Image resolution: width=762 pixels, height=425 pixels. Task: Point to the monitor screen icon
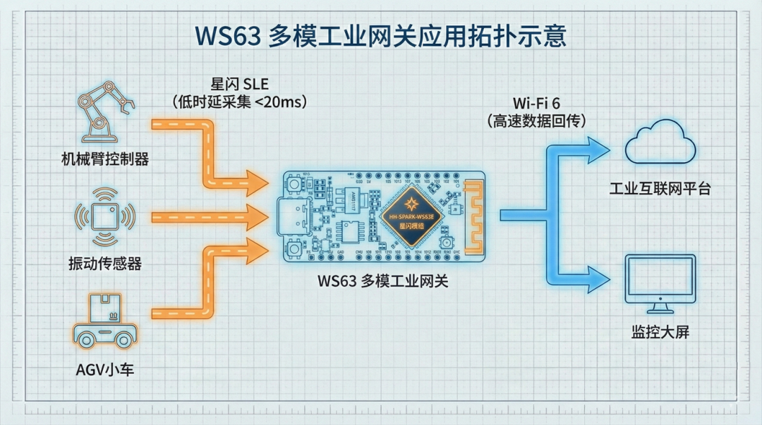(660, 282)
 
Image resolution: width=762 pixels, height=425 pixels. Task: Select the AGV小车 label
(105, 367)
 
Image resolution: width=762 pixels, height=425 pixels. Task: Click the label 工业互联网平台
(660, 190)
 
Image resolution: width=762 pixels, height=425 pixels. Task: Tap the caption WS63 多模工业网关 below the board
(382, 282)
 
